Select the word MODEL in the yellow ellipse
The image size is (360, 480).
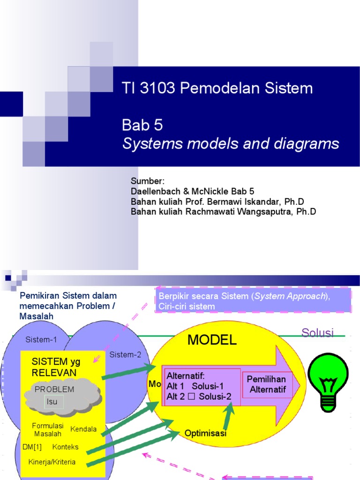(212, 340)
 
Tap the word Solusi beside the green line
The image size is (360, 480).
(317, 333)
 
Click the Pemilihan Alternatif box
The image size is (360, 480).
(267, 384)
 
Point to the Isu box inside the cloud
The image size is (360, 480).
(52, 401)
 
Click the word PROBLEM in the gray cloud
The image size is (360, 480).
(54, 389)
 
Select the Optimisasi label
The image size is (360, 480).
(205, 433)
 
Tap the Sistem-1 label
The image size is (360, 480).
(41, 339)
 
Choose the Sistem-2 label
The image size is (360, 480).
(125, 354)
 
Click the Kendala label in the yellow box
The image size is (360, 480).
(83, 429)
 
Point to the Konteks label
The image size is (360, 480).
(66, 447)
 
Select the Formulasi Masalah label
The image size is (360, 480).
(47, 429)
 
